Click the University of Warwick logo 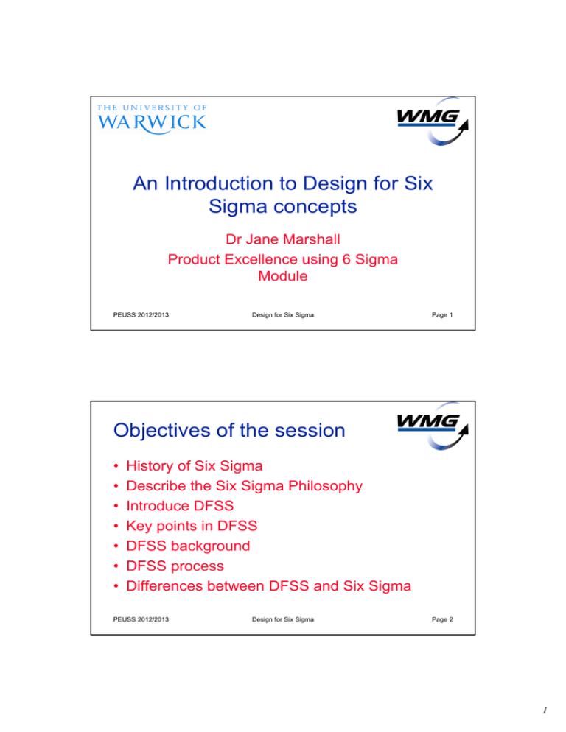pos(152,116)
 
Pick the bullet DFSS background pos(188,546)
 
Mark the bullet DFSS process pos(178,566)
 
